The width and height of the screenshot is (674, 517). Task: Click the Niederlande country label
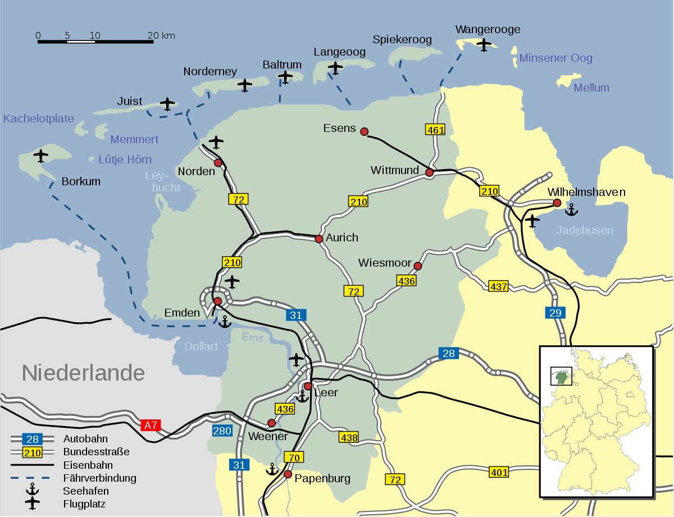(x=83, y=373)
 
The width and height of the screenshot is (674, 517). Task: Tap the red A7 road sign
(x=151, y=426)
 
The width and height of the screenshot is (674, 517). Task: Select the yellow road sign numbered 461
(x=435, y=130)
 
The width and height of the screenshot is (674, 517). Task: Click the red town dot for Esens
(x=364, y=132)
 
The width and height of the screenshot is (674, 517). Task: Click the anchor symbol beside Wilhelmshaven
(x=571, y=210)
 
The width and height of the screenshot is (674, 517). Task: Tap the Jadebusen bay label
(x=584, y=230)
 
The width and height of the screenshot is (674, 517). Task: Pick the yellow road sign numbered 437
(x=498, y=287)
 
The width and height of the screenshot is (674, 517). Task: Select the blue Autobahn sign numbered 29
(x=555, y=313)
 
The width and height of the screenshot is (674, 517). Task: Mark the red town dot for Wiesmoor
(x=417, y=266)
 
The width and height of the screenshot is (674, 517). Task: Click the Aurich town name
(x=341, y=237)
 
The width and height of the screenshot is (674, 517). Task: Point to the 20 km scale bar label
(x=161, y=35)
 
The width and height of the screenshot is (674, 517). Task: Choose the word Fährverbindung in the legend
(x=99, y=478)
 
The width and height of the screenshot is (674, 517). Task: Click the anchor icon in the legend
(x=32, y=489)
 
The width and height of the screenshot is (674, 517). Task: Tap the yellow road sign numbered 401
(x=499, y=472)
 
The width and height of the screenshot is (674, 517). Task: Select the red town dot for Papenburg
(x=288, y=474)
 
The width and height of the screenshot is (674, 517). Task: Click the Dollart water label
(x=201, y=346)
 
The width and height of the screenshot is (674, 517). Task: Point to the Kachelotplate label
(x=38, y=118)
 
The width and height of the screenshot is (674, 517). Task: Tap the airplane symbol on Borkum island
(x=40, y=155)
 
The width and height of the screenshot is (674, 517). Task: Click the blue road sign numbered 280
(x=222, y=431)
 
